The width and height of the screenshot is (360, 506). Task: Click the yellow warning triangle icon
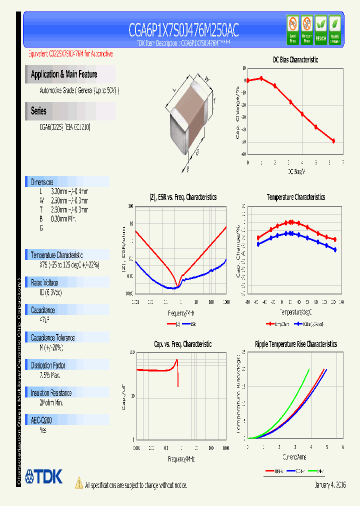[79, 483]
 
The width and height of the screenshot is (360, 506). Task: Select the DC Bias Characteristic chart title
[295, 59]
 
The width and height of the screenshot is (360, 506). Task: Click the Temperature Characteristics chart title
[295, 197]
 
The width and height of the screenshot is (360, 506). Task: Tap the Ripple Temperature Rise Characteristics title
[295, 344]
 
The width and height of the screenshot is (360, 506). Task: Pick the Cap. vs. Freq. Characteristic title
[182, 344]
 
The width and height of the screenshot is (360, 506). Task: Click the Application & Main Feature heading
[64, 74]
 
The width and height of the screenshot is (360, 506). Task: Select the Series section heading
[38, 111]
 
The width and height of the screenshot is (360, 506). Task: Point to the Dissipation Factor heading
[48, 365]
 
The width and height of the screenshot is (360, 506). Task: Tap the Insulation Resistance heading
[51, 393]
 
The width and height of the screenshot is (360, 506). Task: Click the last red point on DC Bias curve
[333, 141]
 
